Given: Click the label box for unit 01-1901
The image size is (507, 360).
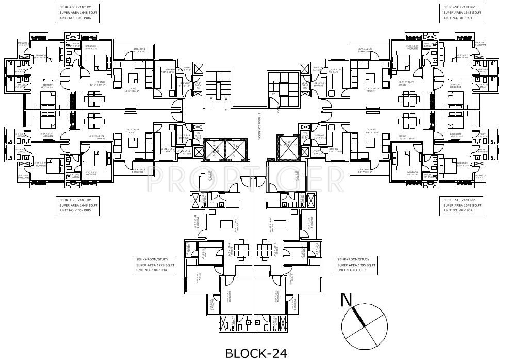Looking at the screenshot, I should click(461, 13).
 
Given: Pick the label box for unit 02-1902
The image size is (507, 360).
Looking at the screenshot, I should click(461, 205).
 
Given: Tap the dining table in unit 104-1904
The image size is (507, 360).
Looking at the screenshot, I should click(241, 246).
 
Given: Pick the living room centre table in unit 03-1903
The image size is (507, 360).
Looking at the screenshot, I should click(281, 224).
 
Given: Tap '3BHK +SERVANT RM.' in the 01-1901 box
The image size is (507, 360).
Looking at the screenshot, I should click(461, 7).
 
